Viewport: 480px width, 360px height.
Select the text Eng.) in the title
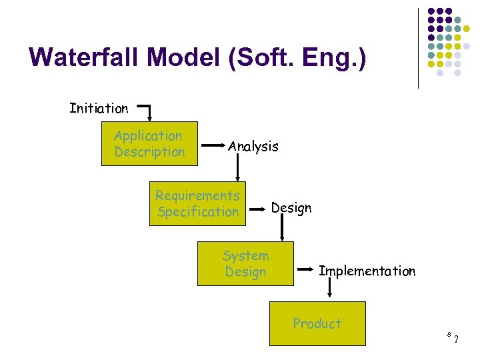336,57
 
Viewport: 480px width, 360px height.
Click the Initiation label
99,108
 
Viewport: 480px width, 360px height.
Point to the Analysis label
253,146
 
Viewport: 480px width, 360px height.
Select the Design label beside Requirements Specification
291,208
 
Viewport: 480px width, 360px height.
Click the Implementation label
367,271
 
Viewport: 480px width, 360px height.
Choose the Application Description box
149,143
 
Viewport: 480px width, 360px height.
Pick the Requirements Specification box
197,203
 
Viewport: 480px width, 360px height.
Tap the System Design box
245,263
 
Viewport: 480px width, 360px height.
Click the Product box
317,323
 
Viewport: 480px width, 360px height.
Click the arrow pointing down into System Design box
283,229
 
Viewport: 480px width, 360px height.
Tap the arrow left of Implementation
306,269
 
